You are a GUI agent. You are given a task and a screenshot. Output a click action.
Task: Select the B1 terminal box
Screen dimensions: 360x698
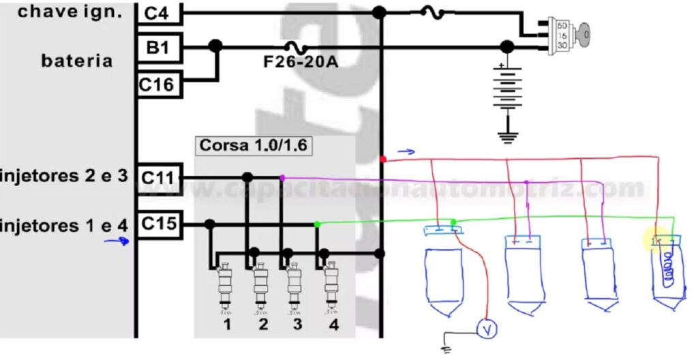tap(157, 48)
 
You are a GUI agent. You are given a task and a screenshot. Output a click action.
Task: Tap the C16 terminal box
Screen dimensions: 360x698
tap(157, 85)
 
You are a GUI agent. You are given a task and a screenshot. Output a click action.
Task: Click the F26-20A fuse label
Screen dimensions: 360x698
tap(301, 62)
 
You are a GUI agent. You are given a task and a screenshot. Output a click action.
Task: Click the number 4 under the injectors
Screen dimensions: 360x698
tap(333, 325)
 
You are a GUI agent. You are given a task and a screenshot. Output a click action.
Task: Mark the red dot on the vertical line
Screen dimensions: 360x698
tap(382, 159)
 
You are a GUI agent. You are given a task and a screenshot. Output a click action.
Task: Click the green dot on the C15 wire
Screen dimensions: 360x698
tap(317, 224)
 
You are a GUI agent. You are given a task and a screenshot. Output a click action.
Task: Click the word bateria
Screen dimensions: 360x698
tap(77, 61)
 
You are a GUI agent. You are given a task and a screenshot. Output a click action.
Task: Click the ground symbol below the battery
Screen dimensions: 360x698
tap(506, 136)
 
